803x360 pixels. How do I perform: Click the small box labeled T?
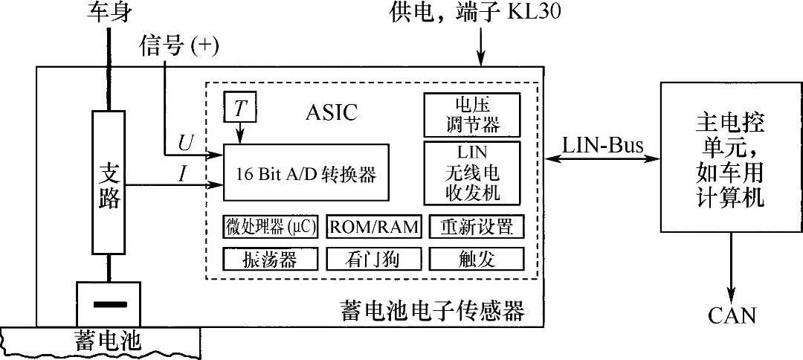point(239,109)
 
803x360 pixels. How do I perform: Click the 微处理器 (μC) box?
point(270,226)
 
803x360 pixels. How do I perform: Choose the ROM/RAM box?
point(374,226)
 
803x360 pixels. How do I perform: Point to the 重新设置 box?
point(476,226)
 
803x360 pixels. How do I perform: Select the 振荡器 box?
point(270,258)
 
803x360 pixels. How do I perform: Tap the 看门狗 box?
point(374,258)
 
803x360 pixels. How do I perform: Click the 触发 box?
point(476,258)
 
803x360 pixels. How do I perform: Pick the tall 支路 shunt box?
point(109,181)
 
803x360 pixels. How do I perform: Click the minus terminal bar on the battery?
point(109,303)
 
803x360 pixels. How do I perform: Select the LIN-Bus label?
point(602,144)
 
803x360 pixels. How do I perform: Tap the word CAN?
point(732,315)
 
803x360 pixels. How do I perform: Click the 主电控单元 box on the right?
point(732,159)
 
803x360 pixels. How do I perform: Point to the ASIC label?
point(332,112)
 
